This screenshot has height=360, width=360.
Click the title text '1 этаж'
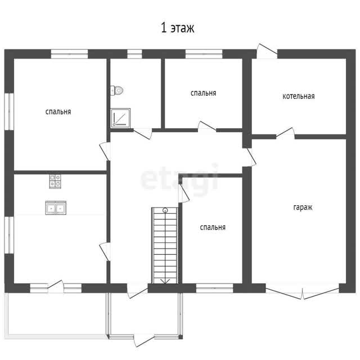178,28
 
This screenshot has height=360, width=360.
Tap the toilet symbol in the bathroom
116,90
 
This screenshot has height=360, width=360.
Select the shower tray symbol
120,118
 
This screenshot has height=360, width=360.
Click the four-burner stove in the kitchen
55,181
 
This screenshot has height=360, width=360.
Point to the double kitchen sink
56,208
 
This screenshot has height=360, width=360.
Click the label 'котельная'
299,96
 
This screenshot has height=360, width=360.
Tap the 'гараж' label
303,208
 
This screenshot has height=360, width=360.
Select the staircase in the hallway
165,245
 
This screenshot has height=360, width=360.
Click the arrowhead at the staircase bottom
165,281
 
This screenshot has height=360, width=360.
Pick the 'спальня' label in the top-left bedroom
58,112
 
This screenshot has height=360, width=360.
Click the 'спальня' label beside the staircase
213,227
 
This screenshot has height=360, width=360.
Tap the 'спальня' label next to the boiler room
204,93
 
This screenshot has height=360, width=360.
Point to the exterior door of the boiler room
267,51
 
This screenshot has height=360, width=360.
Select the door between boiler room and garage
285,134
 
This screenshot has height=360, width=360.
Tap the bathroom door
143,134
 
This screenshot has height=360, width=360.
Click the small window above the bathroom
134,54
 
